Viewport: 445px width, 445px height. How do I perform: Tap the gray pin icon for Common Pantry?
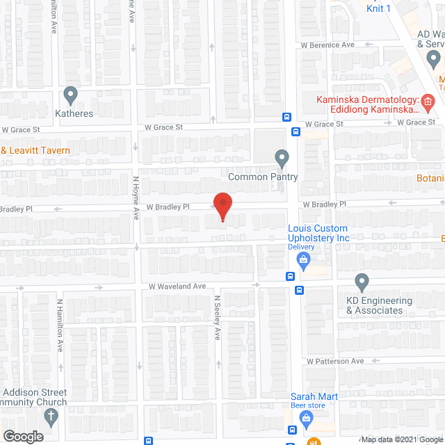coord(281,158)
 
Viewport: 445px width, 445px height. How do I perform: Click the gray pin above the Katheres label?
coord(70,94)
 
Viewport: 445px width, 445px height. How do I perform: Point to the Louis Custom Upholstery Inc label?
coord(319,233)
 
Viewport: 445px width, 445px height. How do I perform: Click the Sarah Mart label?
coord(314,397)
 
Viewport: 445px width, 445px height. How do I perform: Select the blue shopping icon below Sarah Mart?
coord(305,416)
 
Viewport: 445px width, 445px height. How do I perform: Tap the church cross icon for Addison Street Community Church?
coord(50,417)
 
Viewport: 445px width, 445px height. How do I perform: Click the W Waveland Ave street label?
coord(177,286)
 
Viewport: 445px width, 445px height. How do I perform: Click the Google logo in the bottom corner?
coord(22,436)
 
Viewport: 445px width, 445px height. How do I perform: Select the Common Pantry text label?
coord(263,177)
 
